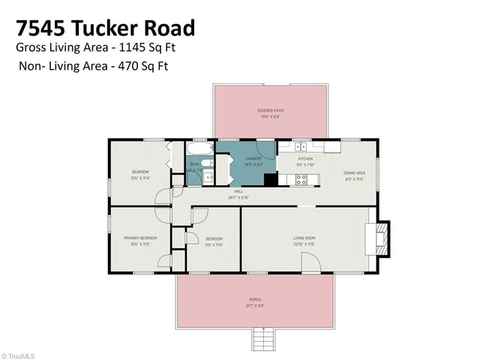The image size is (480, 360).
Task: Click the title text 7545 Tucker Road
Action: point(105,28)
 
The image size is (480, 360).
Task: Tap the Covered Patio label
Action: point(271,110)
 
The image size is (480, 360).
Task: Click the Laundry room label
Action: point(253,158)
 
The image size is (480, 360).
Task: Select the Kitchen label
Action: point(305,159)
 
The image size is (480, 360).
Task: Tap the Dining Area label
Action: point(355,173)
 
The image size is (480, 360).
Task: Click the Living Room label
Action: point(304,238)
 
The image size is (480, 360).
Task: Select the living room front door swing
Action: point(310,262)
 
